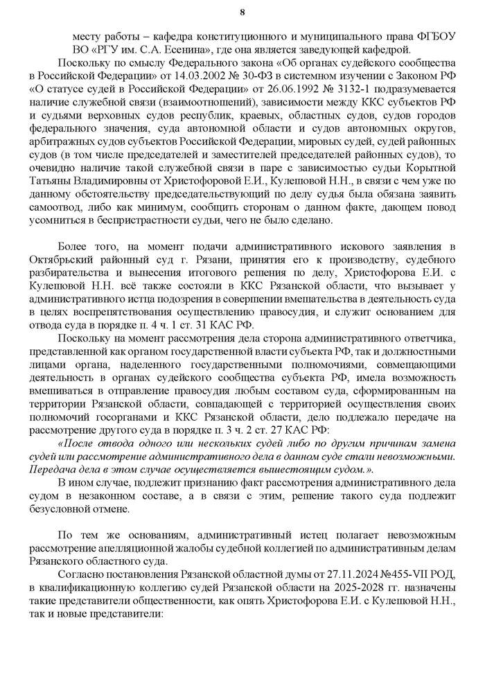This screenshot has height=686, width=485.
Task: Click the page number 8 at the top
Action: click(x=242, y=12)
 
